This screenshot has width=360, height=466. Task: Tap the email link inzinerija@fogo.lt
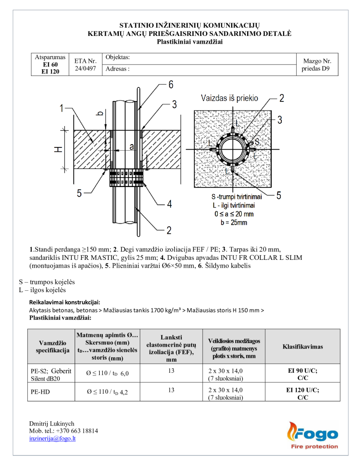tap(52, 438)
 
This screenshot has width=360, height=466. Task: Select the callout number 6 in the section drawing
tap(171, 84)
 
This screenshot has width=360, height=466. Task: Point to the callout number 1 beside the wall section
tap(61, 108)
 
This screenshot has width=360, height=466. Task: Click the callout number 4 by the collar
tap(169, 204)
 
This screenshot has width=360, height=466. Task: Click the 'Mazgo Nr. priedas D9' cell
tap(317, 65)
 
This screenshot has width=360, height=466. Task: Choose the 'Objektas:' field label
tap(118, 57)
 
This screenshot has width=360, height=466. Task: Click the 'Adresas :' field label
tap(117, 70)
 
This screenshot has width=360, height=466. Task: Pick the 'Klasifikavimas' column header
tap(303, 346)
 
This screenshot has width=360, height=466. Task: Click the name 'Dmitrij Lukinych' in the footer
tap(51, 423)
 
